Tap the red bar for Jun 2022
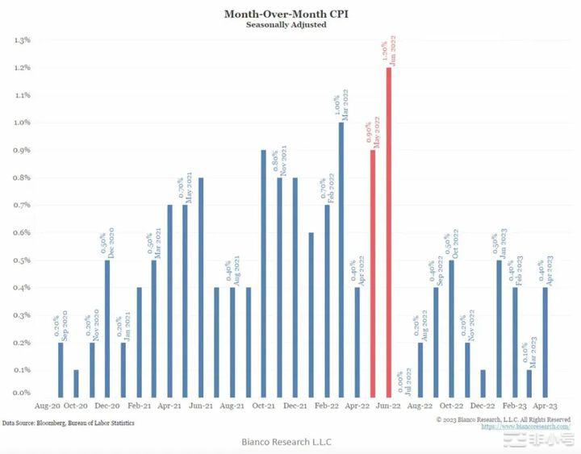(x=389, y=230)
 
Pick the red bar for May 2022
(x=373, y=271)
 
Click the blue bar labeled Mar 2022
(x=341, y=258)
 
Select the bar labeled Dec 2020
(x=107, y=327)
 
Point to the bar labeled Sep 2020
(x=60, y=368)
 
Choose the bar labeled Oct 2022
(x=451, y=327)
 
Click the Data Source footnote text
(x=68, y=423)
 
